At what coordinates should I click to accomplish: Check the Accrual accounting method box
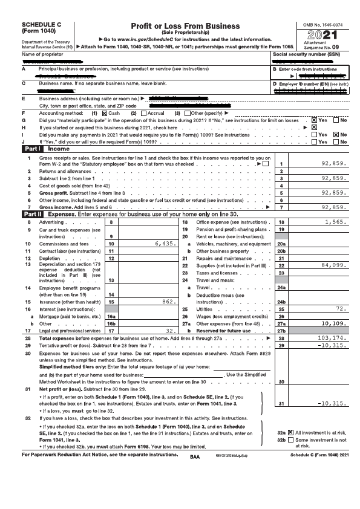point(143,113)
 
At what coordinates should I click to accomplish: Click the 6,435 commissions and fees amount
point(165,244)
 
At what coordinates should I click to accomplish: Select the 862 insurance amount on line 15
point(169,301)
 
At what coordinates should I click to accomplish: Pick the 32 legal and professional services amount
point(171,331)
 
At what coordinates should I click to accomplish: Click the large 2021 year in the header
point(323,36)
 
